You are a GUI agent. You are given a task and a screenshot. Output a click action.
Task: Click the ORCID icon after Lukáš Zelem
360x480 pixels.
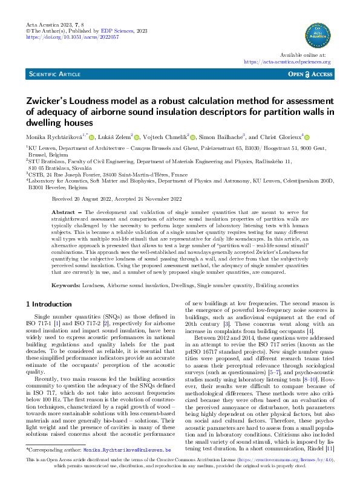[x=137, y=138]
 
